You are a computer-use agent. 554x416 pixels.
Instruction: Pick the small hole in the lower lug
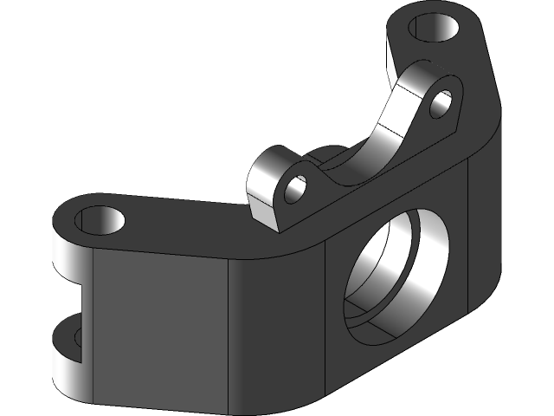pyautogui.click(x=295, y=187)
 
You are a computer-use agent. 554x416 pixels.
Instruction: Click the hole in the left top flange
pyautogui.click(x=100, y=220)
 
